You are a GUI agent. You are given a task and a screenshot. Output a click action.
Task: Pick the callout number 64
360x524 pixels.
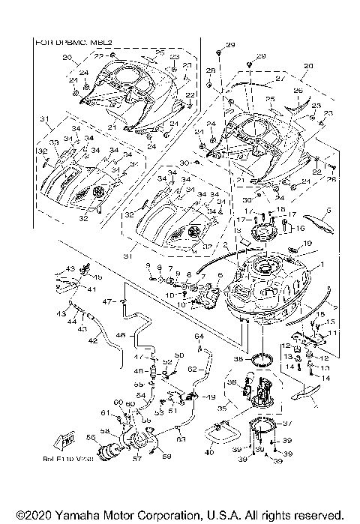(199, 337)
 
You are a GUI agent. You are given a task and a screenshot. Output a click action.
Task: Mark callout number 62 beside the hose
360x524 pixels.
(191, 370)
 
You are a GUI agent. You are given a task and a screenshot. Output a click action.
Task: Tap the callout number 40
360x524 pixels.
(209, 452)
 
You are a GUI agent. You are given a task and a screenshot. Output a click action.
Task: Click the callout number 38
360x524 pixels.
(238, 360)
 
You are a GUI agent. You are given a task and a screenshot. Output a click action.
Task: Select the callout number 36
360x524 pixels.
(231, 383)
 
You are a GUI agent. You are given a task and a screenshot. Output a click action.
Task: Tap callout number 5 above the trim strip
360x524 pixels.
(328, 211)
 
